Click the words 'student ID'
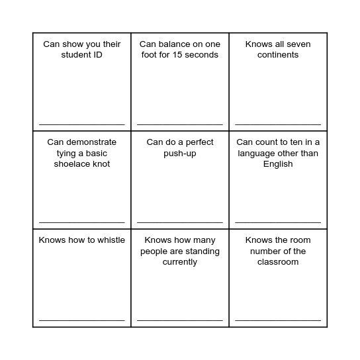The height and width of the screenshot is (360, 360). (82, 55)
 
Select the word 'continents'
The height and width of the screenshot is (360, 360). (278, 55)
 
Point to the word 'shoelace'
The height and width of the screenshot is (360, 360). (73, 164)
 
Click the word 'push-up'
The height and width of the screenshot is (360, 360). (180, 153)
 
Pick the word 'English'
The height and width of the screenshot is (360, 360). (278, 164)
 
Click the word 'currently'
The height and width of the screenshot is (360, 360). (180, 262)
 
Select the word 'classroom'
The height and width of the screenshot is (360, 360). (278, 262)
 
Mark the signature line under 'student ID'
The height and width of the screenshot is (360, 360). (82, 124)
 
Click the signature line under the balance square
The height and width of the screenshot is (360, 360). (180, 124)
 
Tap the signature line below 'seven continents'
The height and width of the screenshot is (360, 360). (278, 124)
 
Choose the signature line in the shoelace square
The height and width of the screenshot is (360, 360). (82, 222)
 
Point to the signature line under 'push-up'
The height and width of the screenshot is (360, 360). (180, 222)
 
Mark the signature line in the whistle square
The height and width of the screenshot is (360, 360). (82, 320)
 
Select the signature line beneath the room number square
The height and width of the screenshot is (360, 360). (278, 320)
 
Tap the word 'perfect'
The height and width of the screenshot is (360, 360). (197, 142)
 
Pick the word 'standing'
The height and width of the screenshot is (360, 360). (201, 251)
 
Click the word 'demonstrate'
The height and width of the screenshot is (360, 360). (91, 142)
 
